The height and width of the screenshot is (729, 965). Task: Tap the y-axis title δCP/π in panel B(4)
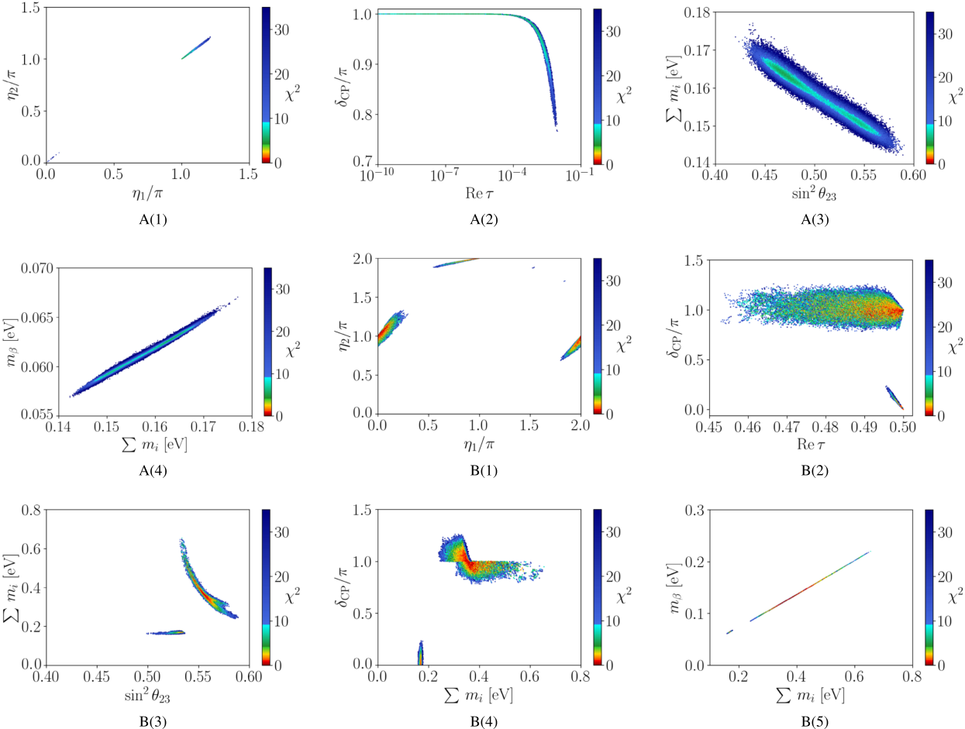pyautogui.click(x=346, y=586)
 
